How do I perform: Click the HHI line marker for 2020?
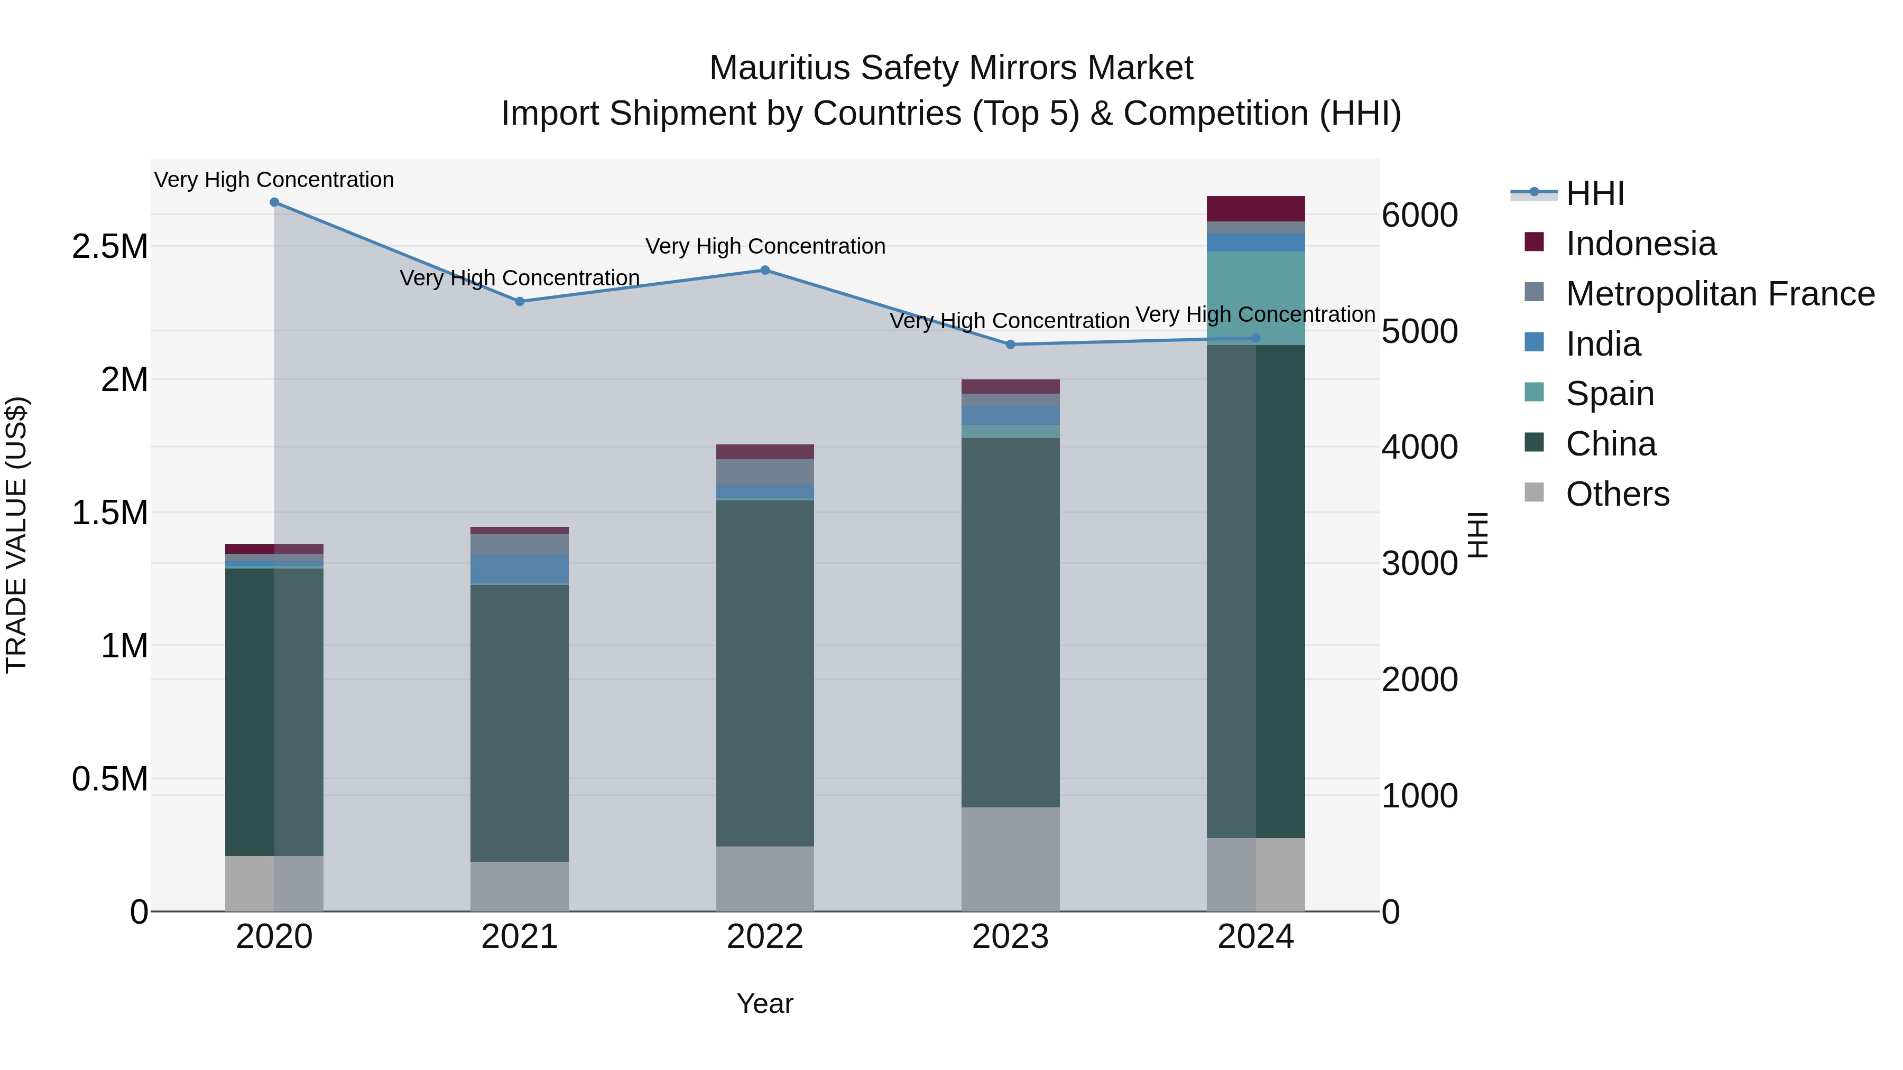274,202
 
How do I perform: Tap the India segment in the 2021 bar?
519,569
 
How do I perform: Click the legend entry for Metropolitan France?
1720,294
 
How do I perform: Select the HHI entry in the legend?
1594,193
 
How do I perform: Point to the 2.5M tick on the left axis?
110,247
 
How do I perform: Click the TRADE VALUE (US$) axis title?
16,535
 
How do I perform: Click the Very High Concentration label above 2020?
274,180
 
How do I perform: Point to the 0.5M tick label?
110,779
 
